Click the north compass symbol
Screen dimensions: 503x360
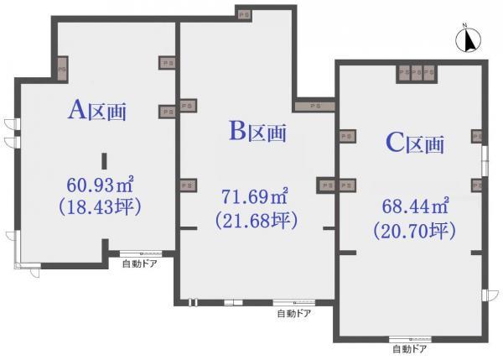click(468, 39)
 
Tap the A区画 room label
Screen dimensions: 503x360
click(97, 110)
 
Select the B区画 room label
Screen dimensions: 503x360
click(257, 131)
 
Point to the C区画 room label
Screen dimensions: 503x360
click(415, 143)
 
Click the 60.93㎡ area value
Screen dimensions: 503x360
click(100, 185)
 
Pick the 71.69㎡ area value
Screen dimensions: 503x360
click(255, 196)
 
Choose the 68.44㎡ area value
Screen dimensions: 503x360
click(415, 206)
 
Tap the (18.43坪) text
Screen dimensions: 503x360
click(100, 206)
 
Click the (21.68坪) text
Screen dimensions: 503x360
click(257, 220)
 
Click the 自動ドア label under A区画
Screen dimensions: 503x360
click(140, 264)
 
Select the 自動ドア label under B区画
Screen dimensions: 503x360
click(294, 313)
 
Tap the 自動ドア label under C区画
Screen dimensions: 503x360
click(410, 348)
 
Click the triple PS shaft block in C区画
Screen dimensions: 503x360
click(417, 73)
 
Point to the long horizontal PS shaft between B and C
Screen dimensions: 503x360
click(315, 106)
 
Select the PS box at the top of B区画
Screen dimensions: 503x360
click(244, 15)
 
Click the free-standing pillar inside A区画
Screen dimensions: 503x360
click(104, 161)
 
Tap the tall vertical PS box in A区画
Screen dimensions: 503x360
click(63, 69)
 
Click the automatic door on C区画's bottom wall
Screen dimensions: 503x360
click(410, 339)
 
